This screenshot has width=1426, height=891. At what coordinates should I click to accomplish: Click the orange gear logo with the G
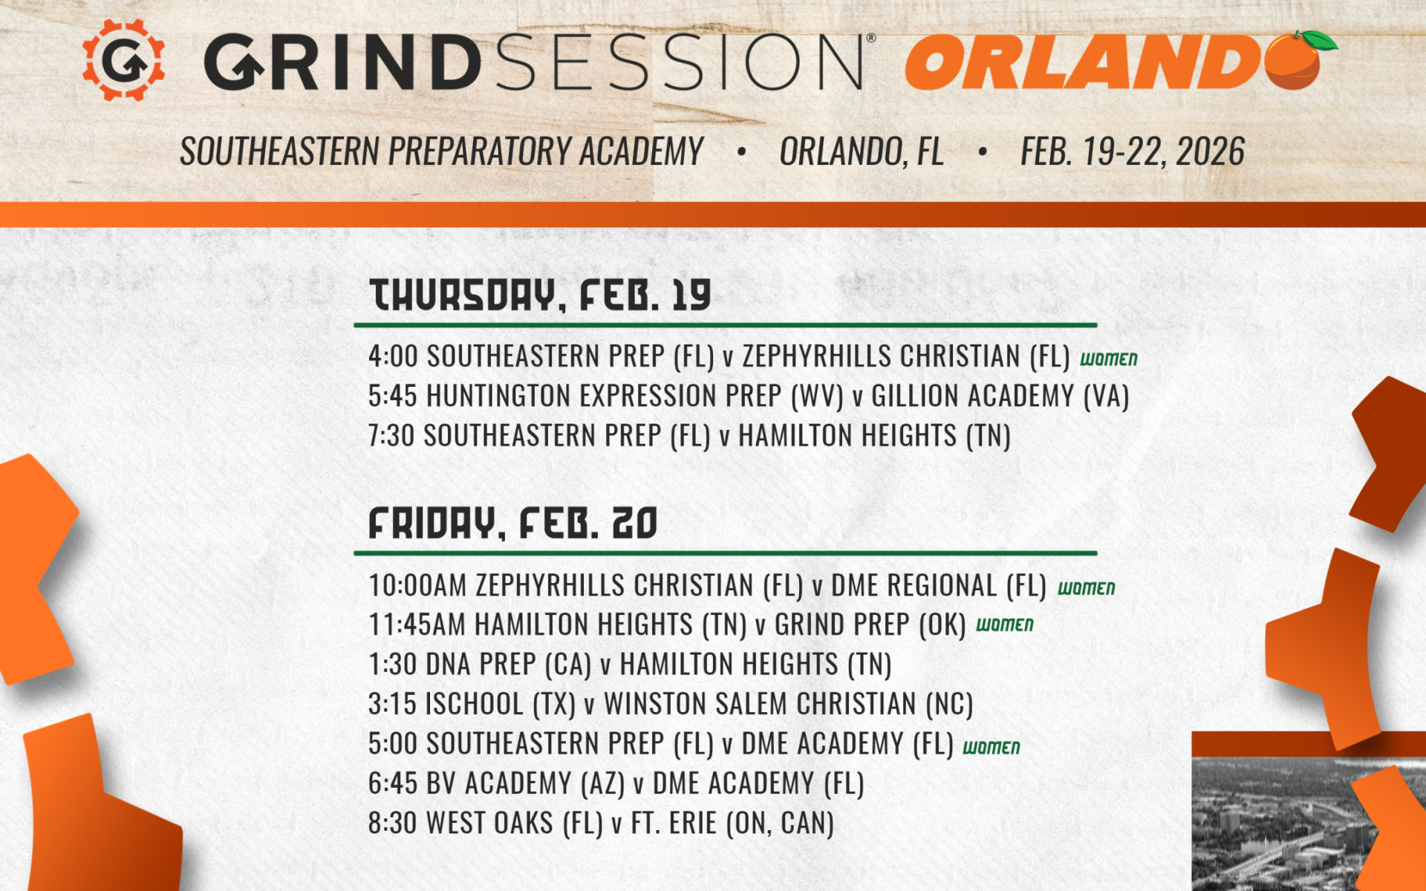123,60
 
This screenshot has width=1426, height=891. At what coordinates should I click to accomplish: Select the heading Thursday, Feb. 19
540,296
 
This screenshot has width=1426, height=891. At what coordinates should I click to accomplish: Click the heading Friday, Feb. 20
512,523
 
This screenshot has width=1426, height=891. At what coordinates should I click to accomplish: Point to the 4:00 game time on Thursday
393,356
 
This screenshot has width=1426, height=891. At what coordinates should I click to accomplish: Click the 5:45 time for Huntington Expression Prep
393,396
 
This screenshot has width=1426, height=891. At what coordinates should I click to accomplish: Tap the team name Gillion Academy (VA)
1000,396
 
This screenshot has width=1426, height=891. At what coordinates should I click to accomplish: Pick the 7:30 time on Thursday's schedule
391,435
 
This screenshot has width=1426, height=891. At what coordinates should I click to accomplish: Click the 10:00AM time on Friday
417,585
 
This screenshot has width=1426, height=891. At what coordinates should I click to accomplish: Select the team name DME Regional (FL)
938,585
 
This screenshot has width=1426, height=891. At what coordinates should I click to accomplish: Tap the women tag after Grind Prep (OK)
1004,625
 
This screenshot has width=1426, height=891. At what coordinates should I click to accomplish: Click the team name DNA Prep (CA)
508,664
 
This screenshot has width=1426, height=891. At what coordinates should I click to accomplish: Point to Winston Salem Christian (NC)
788,704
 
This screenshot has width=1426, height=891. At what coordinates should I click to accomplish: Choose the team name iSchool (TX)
500,704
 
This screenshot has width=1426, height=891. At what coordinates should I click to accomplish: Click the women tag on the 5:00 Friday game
991,747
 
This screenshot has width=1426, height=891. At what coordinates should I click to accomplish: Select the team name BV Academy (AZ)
525,783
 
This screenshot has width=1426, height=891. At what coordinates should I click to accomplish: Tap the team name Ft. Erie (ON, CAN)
732,823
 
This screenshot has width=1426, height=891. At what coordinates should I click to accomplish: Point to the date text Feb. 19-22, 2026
1132,152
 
